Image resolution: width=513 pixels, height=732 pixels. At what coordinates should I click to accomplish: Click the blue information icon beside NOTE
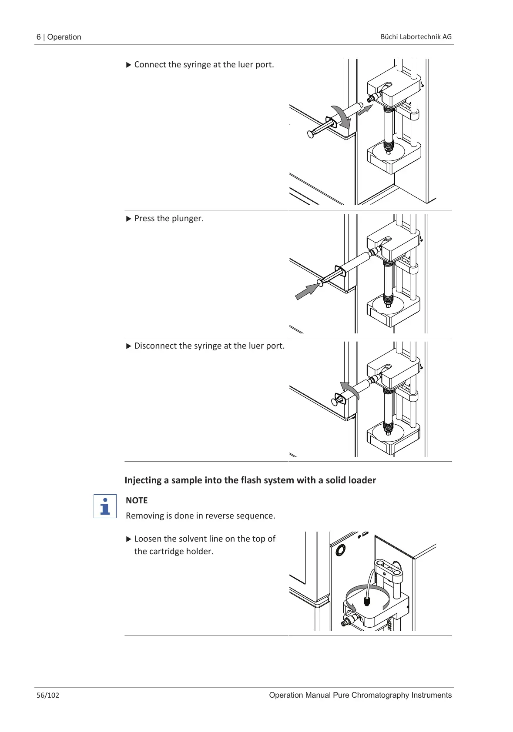pyautogui.click(x=105, y=506)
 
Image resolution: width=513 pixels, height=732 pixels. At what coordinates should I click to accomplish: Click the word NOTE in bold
pyautogui.click(x=137, y=501)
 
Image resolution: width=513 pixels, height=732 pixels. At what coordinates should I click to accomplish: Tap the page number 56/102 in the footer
pyautogui.click(x=48, y=695)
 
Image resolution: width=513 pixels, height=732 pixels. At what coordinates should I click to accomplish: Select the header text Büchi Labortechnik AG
pyautogui.click(x=416, y=37)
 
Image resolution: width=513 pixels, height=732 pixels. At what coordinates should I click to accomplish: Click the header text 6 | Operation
pyautogui.click(x=59, y=37)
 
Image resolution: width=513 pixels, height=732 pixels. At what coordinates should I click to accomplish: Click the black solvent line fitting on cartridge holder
pyautogui.click(x=367, y=602)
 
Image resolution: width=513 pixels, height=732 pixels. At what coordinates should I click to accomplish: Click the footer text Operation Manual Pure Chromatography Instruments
pyautogui.click(x=360, y=695)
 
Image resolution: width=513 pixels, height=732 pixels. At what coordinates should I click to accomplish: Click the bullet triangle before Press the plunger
pyautogui.click(x=128, y=219)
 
